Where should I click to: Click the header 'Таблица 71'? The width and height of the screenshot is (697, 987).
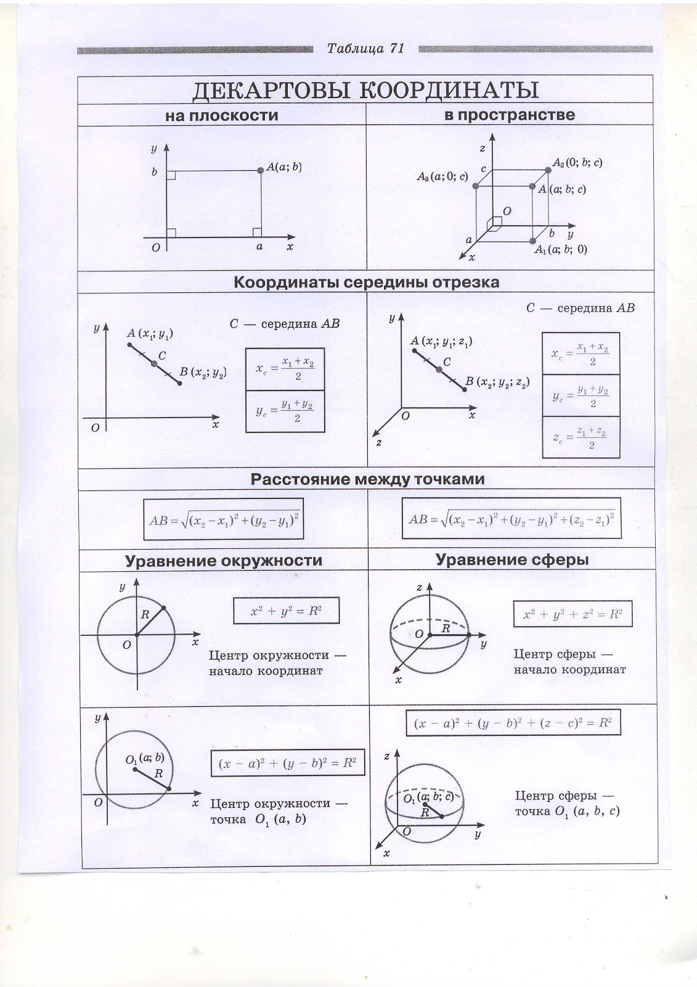pyautogui.click(x=365, y=49)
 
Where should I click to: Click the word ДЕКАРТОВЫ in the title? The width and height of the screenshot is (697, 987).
pyautogui.click(x=271, y=90)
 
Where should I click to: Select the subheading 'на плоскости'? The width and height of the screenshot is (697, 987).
pyautogui.click(x=221, y=115)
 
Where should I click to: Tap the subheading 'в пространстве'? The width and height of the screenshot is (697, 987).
pyautogui.click(x=509, y=115)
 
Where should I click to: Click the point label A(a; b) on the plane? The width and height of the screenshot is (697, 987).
pyautogui.click(x=283, y=167)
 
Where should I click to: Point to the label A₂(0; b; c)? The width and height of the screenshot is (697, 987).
pyautogui.click(x=577, y=163)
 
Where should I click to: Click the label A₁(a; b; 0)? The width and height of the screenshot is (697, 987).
pyautogui.click(x=560, y=250)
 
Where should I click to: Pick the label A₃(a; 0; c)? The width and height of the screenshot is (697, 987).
pyautogui.click(x=442, y=177)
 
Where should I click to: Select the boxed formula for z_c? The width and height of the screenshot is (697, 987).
pyautogui.click(x=581, y=437)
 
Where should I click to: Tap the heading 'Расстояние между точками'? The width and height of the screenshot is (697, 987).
pyautogui.click(x=367, y=479)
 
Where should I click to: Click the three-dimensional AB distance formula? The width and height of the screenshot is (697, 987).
pyautogui.click(x=512, y=519)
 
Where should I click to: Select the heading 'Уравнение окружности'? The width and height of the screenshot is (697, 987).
pyautogui.click(x=223, y=560)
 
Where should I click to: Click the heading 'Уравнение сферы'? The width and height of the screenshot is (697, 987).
pyautogui.click(x=512, y=560)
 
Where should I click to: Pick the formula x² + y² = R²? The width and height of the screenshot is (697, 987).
pyautogui.click(x=286, y=611)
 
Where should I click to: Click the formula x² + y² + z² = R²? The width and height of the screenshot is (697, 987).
pyautogui.click(x=573, y=614)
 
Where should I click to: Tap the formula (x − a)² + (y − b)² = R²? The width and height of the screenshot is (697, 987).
pyautogui.click(x=288, y=762)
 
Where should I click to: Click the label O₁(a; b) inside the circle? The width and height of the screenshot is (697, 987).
pyautogui.click(x=145, y=759)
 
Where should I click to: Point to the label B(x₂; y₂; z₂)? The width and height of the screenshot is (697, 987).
pyautogui.click(x=497, y=382)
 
